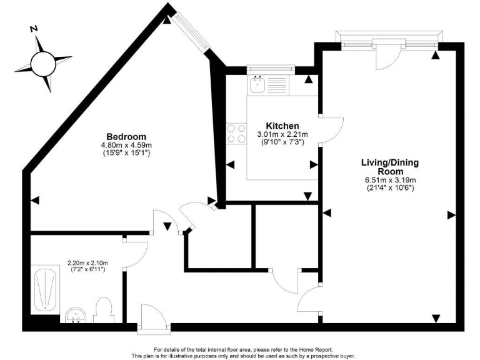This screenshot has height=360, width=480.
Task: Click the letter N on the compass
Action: coord(34,29)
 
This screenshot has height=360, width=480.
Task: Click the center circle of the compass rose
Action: coord(43,63)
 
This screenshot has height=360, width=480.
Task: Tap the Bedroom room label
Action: coord(126,137)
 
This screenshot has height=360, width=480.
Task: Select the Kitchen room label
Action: coord(282,126)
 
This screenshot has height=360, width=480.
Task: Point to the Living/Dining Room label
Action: coord(390,167)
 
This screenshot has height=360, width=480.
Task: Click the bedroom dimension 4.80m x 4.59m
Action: coord(126,145)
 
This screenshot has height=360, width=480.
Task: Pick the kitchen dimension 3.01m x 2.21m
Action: coord(282,134)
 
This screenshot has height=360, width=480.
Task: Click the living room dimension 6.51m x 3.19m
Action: coord(390,181)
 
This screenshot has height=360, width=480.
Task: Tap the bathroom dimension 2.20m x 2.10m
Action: coord(87,262)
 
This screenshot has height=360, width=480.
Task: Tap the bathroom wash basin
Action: coord(76,315)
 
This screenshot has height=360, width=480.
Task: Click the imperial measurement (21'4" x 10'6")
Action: coord(390,188)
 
